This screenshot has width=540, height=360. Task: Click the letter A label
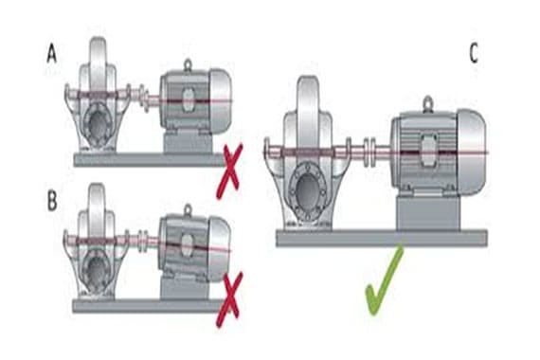point(52,56)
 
